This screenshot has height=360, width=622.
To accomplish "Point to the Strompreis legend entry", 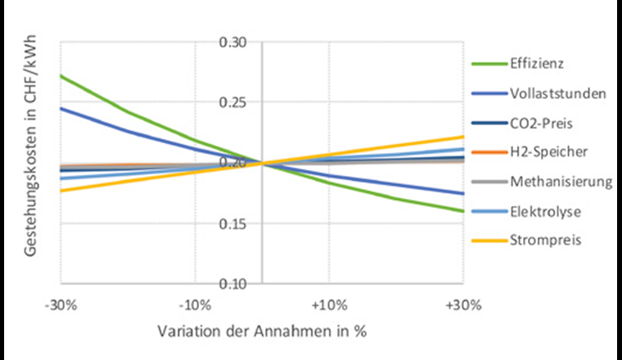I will coord(539,241).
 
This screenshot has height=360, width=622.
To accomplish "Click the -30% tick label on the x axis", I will coord(62,305).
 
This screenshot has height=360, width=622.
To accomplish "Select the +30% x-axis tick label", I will coord(462,305).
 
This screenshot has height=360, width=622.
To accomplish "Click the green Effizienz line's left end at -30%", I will coord(62,76).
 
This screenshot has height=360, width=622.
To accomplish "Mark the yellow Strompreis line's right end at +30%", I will coord(463,137).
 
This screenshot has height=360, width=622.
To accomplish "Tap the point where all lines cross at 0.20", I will coord(262,164).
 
